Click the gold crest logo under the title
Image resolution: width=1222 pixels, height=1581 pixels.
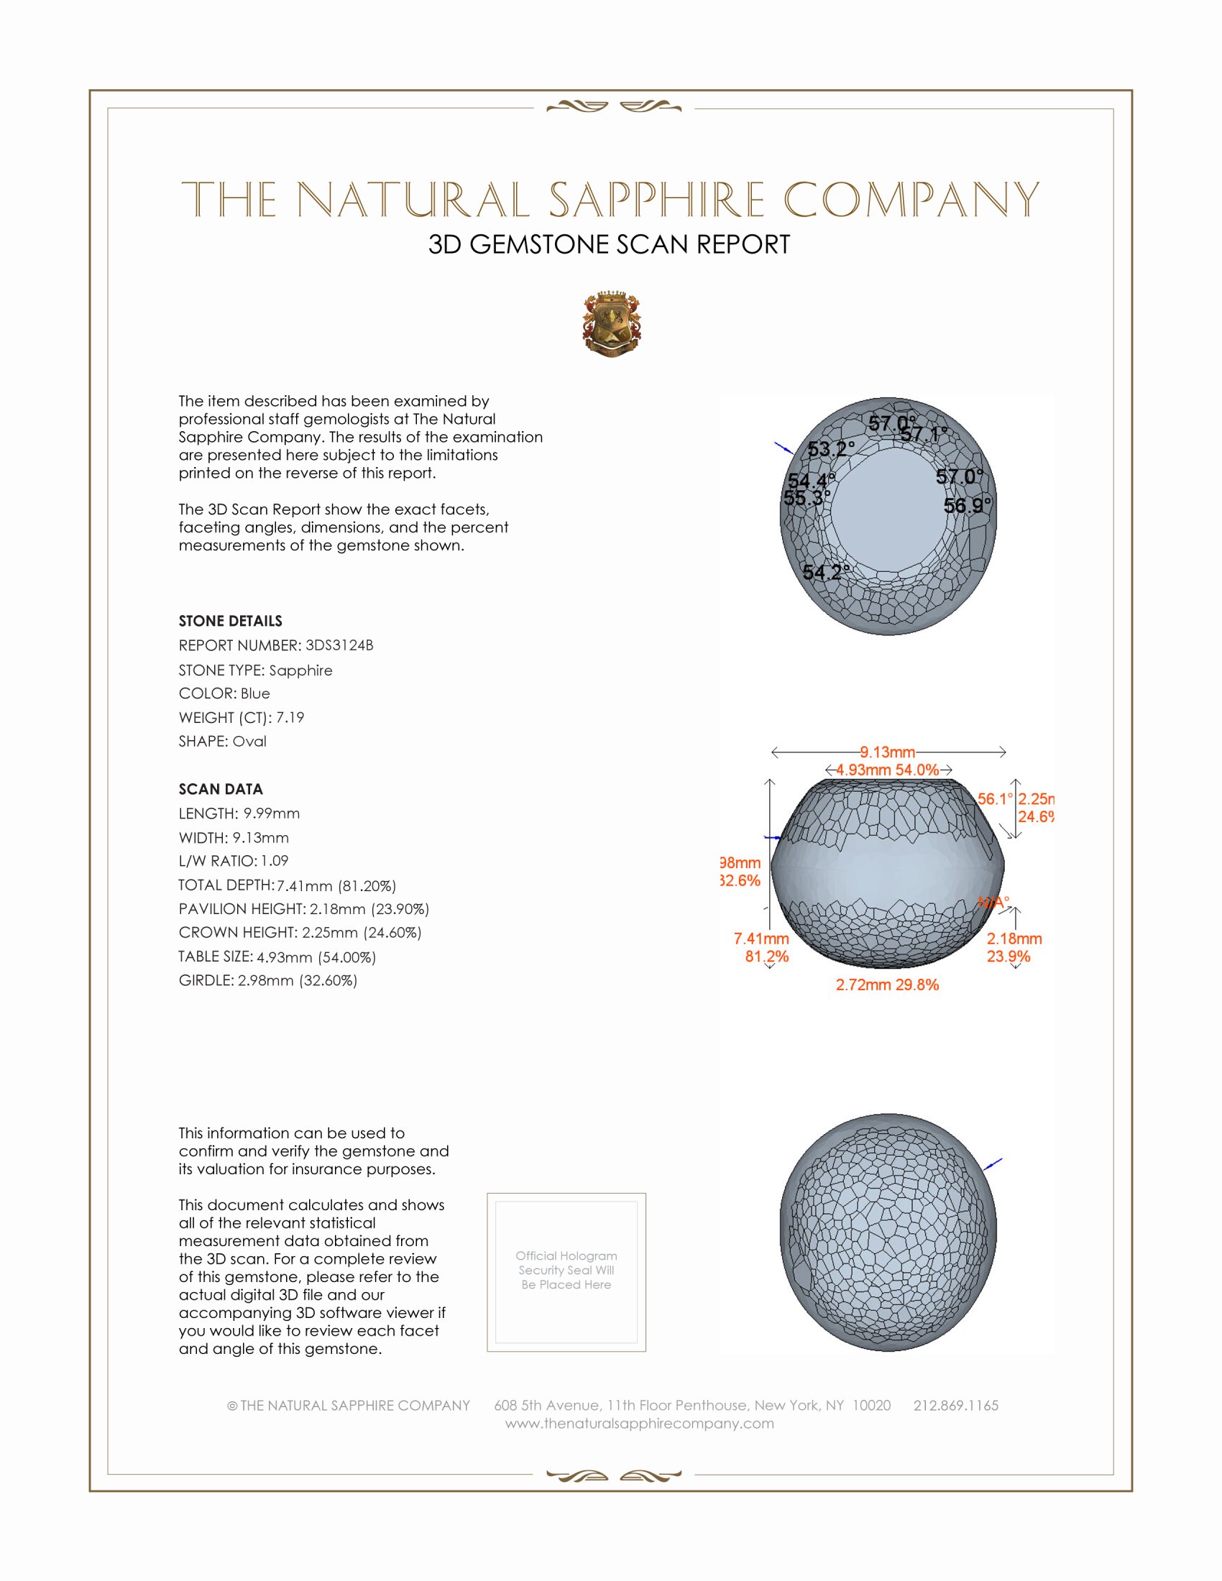612,323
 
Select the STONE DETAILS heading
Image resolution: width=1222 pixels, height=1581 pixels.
230,621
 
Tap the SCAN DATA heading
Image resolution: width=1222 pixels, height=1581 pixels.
221,789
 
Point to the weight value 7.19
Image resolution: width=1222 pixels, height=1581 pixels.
290,717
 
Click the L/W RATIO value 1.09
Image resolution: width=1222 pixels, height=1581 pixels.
275,861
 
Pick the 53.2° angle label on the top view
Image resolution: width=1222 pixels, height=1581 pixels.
830,450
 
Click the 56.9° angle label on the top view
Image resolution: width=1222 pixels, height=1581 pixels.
967,505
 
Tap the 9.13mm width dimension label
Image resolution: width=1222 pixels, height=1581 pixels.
888,752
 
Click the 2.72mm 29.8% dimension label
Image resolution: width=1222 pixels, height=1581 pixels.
887,985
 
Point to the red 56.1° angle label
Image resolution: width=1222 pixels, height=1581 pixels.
994,799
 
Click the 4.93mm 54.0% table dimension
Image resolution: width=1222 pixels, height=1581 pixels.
888,770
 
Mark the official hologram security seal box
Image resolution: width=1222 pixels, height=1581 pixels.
566,1272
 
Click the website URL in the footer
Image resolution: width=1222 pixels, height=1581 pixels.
639,1423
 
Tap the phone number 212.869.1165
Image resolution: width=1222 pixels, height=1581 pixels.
955,1405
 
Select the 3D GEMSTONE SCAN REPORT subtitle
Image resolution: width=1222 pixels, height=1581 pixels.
609,244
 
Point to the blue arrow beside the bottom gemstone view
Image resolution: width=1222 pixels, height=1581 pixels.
993,1164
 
